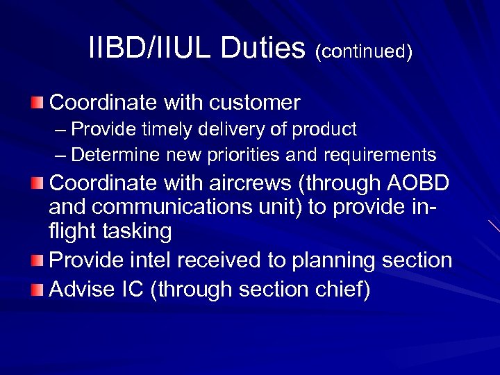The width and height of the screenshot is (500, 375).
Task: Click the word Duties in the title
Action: pyautogui.click(x=267, y=49)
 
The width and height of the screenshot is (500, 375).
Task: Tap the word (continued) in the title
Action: pyautogui.click(x=364, y=52)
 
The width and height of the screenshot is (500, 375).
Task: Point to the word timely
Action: pyautogui.click(x=160, y=129)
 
